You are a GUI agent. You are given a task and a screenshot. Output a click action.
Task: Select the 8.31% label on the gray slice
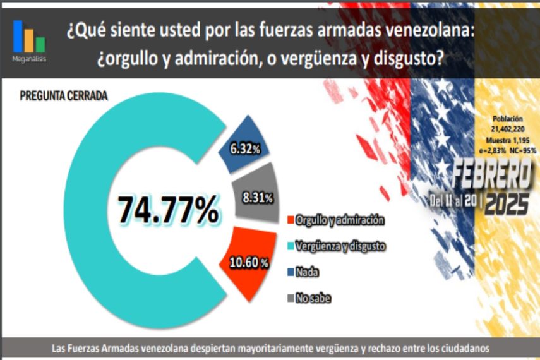coord(257,197)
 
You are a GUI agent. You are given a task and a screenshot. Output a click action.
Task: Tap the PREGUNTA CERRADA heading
coord(63,96)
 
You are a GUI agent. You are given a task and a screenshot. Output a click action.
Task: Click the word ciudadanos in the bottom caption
coord(460,348)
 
